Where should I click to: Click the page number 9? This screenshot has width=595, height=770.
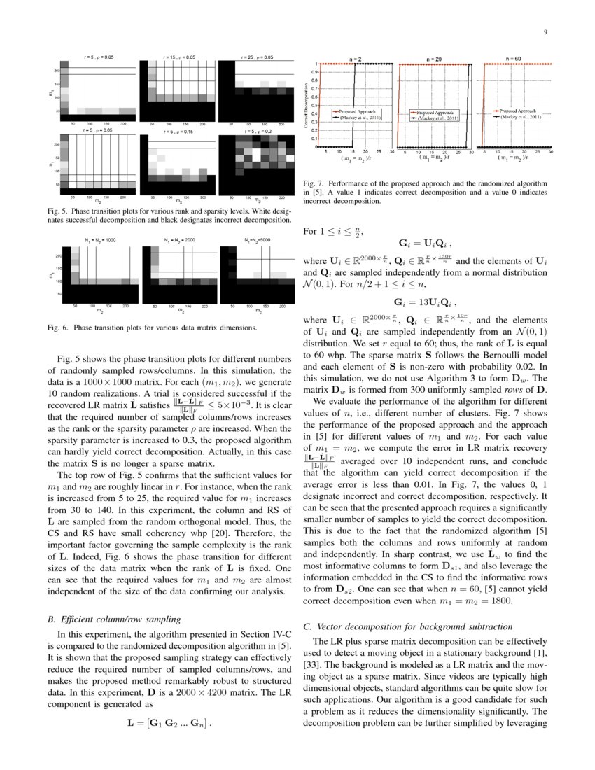pos(545,32)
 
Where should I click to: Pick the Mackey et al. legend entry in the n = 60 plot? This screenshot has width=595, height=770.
pos(519,116)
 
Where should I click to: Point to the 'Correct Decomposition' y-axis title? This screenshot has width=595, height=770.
pos(307,106)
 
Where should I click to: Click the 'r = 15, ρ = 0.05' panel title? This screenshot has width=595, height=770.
pos(178,57)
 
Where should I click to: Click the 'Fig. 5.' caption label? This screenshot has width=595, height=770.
pos(59,210)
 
